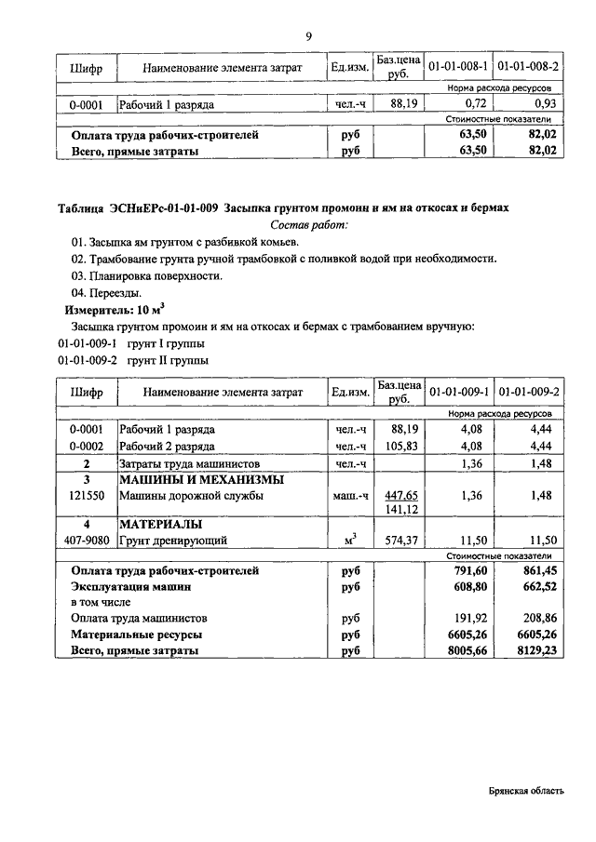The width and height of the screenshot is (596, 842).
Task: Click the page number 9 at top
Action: [307, 35]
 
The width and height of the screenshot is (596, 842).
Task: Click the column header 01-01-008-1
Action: [457, 68]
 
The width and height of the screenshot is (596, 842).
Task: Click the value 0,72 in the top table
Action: [477, 104]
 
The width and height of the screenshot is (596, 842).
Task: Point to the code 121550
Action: [86, 496]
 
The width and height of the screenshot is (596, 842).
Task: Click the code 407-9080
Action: [86, 540]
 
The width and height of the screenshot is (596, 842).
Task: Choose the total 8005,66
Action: [468, 652]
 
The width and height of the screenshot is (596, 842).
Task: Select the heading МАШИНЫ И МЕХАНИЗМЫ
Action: [200, 480]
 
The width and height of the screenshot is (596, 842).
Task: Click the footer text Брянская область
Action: [526, 791]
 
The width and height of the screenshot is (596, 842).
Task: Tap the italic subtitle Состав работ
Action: [309, 225]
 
